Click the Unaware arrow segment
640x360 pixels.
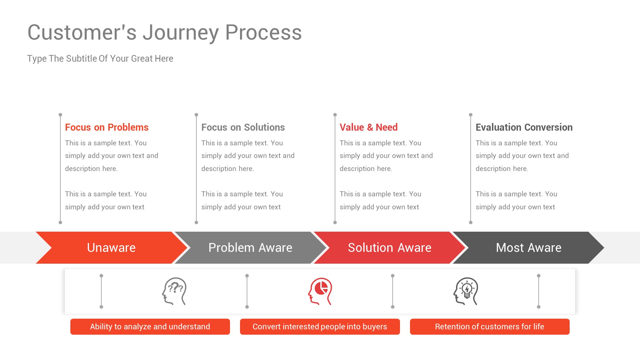(111, 248)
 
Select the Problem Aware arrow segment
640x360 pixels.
(250, 248)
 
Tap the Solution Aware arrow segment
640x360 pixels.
(389, 248)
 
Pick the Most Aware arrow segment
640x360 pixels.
(528, 248)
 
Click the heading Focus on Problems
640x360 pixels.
(107, 127)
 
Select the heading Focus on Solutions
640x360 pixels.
(243, 127)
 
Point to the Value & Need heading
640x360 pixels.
(368, 127)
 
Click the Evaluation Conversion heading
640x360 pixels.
(524, 127)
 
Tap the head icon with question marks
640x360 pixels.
(174, 291)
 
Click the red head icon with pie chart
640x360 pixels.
(320, 291)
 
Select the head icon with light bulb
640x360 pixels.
(466, 291)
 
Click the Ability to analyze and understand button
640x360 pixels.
(150, 327)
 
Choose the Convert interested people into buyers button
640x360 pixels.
(320, 327)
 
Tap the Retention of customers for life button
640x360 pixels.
(489, 327)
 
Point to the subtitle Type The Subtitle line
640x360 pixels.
(100, 59)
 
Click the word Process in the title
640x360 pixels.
(263, 33)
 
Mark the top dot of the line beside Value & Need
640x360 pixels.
(335, 115)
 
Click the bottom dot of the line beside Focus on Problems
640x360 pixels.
(60, 222)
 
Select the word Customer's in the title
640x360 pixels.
(82, 33)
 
